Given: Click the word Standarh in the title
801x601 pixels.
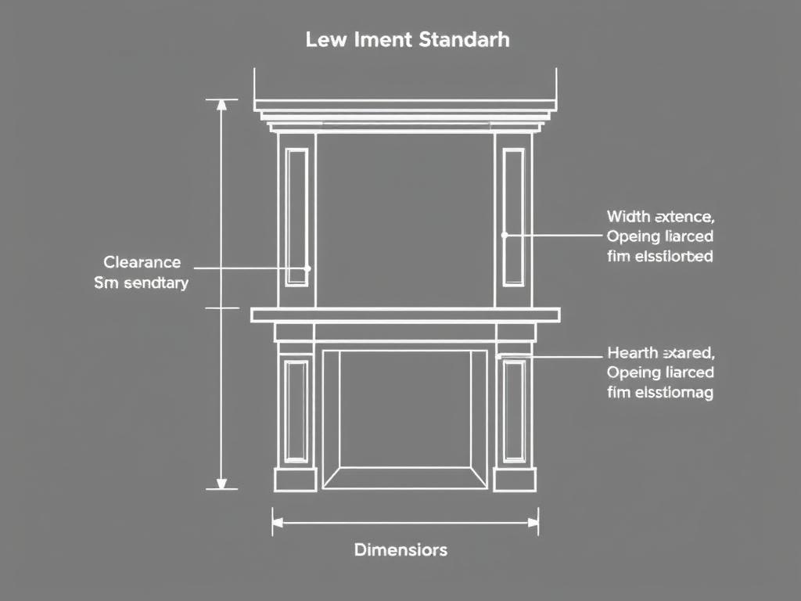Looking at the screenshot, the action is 464,39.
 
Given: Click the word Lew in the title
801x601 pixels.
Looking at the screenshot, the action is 323,39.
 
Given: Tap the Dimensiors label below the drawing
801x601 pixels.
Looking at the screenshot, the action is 400,549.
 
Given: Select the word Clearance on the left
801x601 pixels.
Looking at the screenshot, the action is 142,262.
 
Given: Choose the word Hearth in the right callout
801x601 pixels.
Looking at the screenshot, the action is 630,352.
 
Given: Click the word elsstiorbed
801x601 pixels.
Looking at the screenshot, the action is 672,256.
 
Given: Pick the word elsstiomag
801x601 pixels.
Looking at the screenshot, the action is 672,393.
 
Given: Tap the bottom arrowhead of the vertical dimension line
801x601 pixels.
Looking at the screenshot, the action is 221,483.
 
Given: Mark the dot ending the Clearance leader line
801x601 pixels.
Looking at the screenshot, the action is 307,268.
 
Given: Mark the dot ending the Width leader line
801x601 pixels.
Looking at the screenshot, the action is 505,234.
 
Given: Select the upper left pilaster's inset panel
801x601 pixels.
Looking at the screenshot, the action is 296,217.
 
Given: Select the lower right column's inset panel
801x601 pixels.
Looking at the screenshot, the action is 514,411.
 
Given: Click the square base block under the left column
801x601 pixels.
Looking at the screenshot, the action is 295,479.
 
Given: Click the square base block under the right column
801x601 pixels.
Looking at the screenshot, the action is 514,479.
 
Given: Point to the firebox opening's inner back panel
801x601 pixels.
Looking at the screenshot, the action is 405,407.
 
